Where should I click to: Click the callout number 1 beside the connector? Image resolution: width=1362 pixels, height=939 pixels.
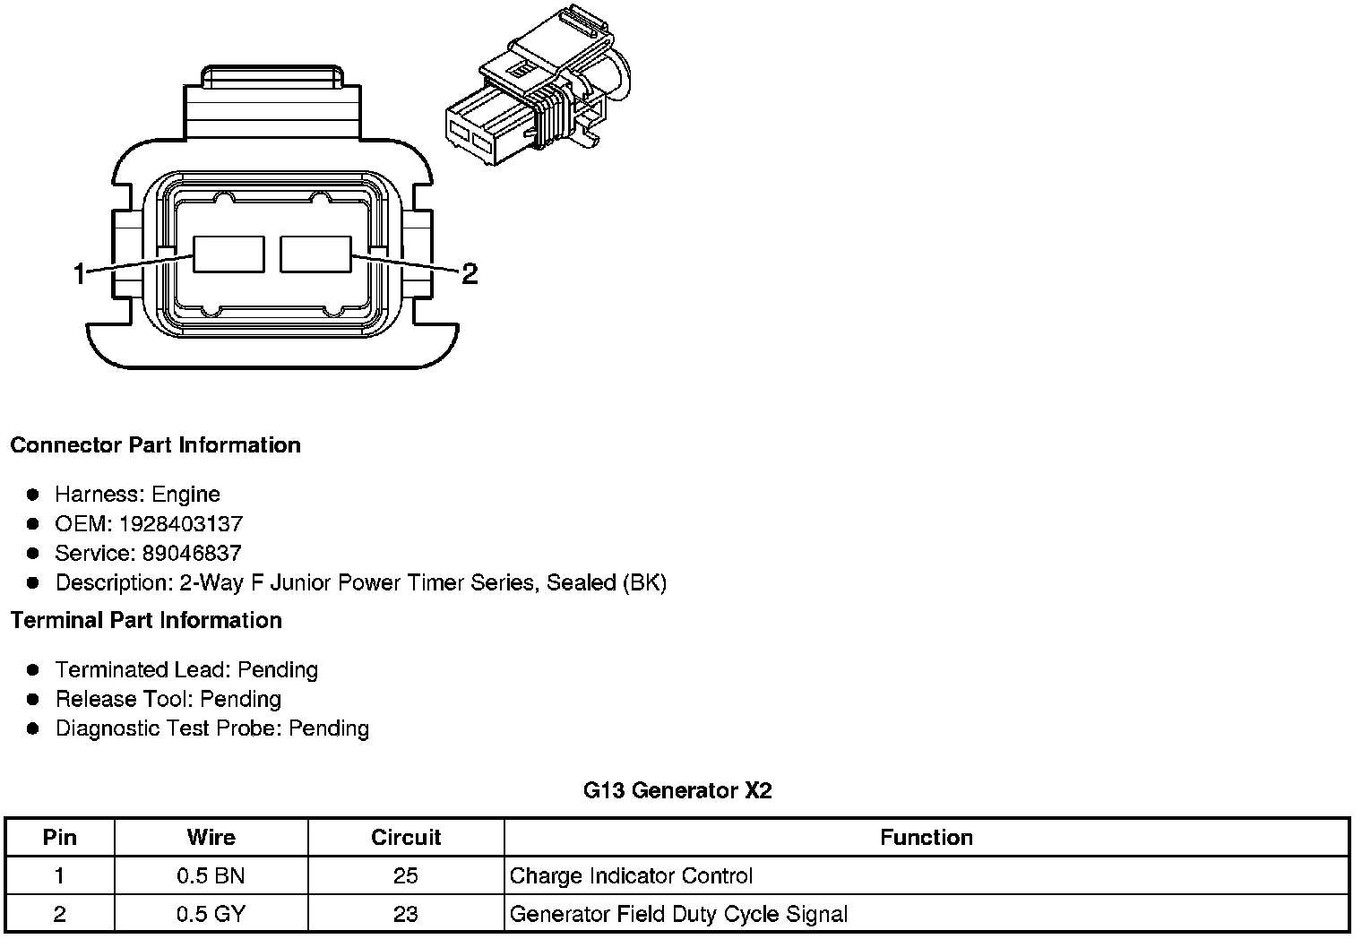coord(80,273)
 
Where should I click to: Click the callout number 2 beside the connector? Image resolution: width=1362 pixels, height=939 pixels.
coord(469,273)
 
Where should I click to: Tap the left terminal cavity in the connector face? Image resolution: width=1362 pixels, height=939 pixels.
coord(229,254)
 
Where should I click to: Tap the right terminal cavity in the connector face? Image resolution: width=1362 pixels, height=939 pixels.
coord(315,254)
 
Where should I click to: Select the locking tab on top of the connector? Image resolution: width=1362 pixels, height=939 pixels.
coord(273,79)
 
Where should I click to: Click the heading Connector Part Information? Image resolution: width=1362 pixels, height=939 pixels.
coord(155,445)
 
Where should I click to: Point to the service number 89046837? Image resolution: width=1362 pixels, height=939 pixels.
coord(191,553)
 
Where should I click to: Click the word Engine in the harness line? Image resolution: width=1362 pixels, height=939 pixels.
coord(185,494)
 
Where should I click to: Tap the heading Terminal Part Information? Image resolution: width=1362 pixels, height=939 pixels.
coord(146,620)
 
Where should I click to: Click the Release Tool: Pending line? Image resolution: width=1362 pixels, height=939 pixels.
coord(168,699)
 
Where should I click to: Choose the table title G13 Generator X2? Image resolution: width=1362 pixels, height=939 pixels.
coord(677,790)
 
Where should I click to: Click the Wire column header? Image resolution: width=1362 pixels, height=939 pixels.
coord(211,837)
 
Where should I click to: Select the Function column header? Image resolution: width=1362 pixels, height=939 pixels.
coord(926,837)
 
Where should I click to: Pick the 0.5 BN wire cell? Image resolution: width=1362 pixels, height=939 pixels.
coord(211,875)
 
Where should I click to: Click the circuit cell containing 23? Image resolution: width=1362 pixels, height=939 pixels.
coord(406,914)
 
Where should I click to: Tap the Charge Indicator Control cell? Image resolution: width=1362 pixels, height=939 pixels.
coord(631,875)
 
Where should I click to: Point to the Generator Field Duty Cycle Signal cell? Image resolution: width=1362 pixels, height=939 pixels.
coord(678,914)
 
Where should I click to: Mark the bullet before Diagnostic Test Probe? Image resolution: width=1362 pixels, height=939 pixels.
coord(33,728)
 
